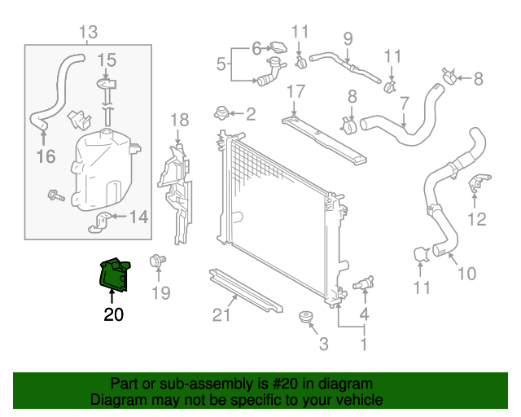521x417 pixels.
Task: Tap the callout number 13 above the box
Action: pyautogui.click(x=88, y=33)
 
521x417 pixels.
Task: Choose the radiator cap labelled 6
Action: pyautogui.click(x=279, y=48)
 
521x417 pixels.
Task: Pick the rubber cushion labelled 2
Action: pyautogui.click(x=219, y=112)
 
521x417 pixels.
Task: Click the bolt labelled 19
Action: pyautogui.click(x=154, y=262)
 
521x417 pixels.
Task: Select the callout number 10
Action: pyautogui.click(x=466, y=274)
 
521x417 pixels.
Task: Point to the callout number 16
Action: pyautogui.click(x=46, y=156)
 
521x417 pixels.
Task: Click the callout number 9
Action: pyautogui.click(x=348, y=37)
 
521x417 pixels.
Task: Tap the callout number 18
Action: pyautogui.click(x=179, y=120)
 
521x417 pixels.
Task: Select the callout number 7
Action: pyautogui.click(x=404, y=103)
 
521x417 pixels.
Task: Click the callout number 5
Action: pyautogui.click(x=221, y=63)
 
